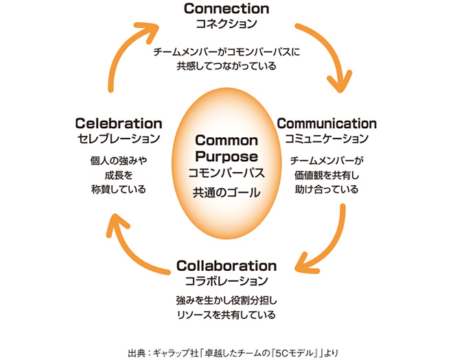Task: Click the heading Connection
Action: pos(226,9)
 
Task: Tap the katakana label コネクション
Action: pos(226,24)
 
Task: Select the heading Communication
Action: pos(326,124)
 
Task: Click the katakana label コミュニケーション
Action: pos(326,139)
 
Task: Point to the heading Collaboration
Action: pos(226,265)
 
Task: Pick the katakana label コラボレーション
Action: pos(226,280)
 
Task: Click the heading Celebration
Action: pos(118,124)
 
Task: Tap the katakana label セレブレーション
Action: pos(118,139)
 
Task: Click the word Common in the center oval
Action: pos(226,141)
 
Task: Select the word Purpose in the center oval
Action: pos(226,156)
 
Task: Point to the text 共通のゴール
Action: pos(226,193)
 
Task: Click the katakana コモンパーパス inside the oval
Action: pos(226,173)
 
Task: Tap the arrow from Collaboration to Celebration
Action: pos(130,247)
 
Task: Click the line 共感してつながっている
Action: pos(226,67)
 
